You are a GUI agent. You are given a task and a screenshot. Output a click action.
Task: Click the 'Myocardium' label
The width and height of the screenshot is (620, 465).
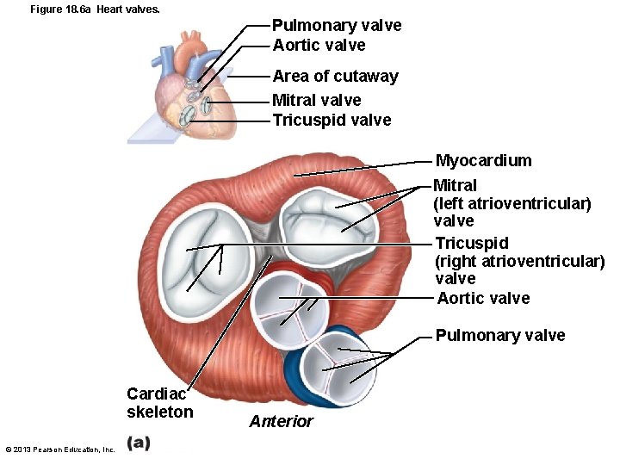(x=483, y=161)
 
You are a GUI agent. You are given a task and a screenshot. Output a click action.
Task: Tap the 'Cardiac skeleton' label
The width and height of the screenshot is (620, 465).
(x=159, y=403)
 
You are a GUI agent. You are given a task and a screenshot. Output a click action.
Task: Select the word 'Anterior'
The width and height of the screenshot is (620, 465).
(x=281, y=421)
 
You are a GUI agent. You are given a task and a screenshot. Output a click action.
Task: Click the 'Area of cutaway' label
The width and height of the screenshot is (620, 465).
(x=335, y=76)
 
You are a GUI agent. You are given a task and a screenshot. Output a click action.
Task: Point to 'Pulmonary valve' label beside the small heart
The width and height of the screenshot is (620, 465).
(x=337, y=26)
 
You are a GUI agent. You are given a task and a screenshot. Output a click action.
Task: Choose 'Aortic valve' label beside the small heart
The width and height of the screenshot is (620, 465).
(x=319, y=45)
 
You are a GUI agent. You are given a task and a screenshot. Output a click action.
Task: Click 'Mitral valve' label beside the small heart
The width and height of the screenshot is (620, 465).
(x=316, y=100)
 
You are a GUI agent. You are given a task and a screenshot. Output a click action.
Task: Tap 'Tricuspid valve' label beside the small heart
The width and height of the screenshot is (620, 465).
(x=332, y=120)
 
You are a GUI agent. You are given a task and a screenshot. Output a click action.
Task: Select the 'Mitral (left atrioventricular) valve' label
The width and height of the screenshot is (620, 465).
(x=512, y=203)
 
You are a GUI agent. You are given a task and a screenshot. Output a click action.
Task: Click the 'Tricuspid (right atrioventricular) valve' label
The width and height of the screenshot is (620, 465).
(x=519, y=261)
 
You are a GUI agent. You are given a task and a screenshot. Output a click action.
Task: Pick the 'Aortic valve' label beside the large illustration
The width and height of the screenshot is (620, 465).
(x=483, y=299)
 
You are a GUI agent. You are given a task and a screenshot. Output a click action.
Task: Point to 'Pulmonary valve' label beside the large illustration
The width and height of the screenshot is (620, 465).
(x=500, y=335)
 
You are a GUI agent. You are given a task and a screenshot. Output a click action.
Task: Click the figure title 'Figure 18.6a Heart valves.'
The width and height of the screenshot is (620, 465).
(x=83, y=9)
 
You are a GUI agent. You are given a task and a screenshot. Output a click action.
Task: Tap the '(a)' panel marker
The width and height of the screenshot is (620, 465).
(x=138, y=443)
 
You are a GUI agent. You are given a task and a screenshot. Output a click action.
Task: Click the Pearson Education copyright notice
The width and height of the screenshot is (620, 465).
(x=59, y=449)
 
